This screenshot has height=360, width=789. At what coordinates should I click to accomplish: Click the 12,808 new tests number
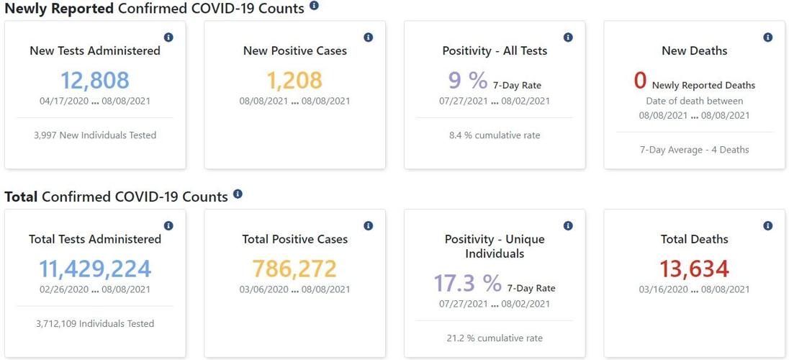95,80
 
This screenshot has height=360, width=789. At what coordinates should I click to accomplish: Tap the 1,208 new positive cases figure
294,80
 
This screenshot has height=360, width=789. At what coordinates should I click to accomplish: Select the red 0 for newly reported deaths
640,81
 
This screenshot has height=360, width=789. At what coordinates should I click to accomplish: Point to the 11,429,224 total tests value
95,269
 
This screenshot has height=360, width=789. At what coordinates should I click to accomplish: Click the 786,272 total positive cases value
294,269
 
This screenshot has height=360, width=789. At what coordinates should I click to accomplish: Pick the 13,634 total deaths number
694,269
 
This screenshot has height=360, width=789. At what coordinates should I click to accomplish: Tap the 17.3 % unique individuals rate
467,283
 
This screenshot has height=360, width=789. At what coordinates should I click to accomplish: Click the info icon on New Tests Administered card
168,37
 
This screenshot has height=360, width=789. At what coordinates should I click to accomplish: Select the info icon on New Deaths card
768,37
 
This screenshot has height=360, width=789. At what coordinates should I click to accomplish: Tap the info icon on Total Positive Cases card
369,226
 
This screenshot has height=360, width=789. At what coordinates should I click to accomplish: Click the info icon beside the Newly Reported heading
314,6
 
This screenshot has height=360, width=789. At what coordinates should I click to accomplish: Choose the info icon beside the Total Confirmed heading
238,194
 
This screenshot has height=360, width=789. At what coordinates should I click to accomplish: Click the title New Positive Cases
294,51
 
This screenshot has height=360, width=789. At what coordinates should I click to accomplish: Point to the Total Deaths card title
694,239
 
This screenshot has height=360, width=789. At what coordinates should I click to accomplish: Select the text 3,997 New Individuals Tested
95,135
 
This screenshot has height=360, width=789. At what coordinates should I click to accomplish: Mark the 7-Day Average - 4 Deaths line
694,150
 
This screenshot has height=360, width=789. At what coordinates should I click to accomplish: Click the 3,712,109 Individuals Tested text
95,324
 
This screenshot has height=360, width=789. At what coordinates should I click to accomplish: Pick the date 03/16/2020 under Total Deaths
664,289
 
